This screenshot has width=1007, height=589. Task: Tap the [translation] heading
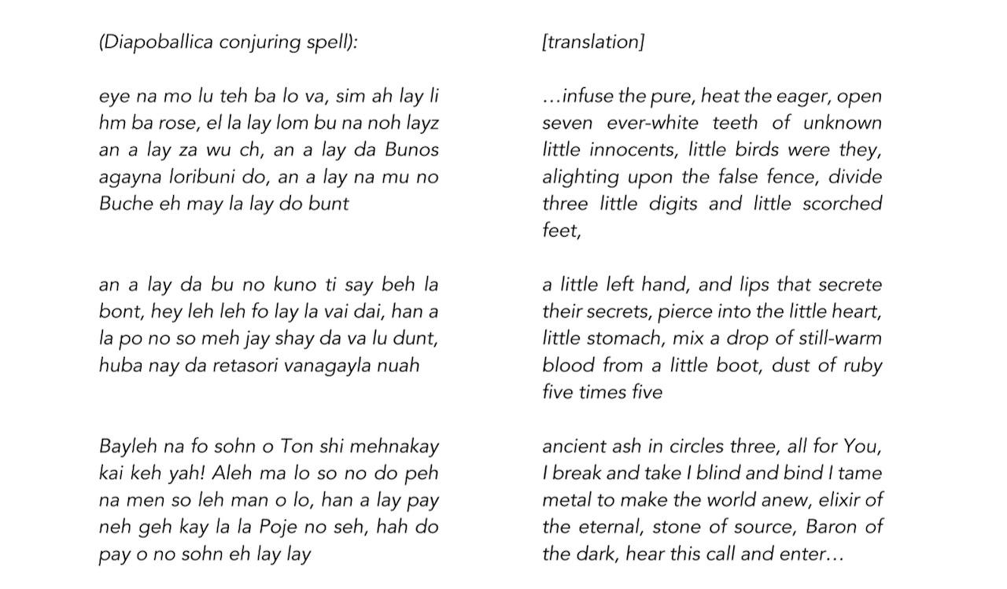(593, 42)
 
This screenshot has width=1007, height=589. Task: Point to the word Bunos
(411, 149)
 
